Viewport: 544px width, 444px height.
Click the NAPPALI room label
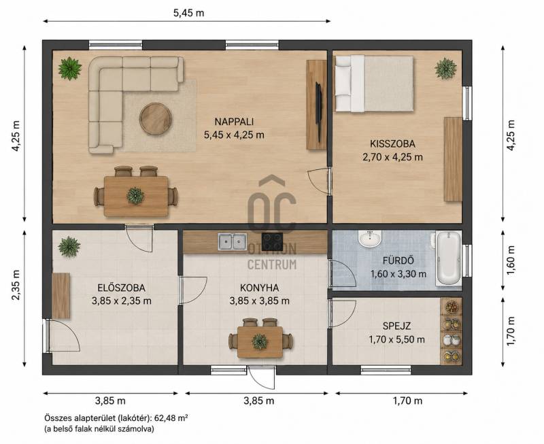[x=234, y=122]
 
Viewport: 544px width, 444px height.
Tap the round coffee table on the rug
[x=156, y=118]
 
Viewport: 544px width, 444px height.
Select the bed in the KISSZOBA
[x=374, y=84]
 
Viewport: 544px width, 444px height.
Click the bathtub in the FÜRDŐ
[x=449, y=258]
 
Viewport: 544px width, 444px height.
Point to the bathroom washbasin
[x=370, y=239]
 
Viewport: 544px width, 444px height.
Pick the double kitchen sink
[x=233, y=242]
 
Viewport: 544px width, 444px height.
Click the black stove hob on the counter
[x=272, y=241]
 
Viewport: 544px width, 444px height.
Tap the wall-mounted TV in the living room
[x=319, y=103]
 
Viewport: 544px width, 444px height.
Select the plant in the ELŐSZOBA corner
[x=69, y=247]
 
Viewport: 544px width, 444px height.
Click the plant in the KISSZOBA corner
[x=446, y=69]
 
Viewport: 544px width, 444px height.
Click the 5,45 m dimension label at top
[x=189, y=13]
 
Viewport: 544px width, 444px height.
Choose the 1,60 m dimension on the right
[x=511, y=260]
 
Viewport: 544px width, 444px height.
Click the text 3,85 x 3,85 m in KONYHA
[x=260, y=301]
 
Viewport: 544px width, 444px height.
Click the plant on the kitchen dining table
[x=260, y=341]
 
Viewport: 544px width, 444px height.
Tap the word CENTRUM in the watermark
[x=272, y=264]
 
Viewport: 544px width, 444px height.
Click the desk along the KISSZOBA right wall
[x=453, y=159]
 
